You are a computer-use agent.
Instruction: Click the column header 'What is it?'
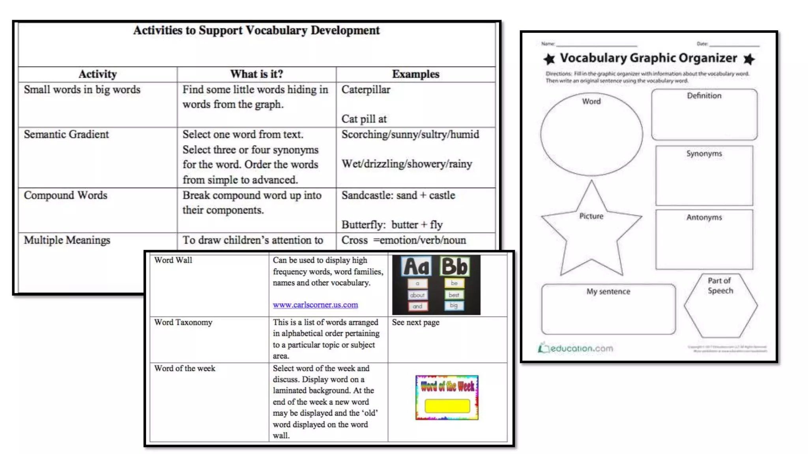point(256,74)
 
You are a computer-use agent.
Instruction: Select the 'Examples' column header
point(415,74)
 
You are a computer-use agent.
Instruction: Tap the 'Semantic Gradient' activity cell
point(66,134)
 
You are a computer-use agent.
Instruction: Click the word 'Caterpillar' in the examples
point(366,90)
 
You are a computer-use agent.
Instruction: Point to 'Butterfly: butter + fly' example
point(392,225)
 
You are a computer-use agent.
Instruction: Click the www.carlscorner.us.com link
point(315,305)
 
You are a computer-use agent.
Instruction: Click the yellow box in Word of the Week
point(447,406)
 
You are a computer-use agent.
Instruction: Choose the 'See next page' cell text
point(415,322)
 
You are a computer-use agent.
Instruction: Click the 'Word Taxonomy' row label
point(183,322)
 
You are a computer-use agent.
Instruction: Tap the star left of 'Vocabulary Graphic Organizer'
point(549,59)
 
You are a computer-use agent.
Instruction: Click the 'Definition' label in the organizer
point(704,96)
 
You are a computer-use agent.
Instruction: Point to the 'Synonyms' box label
point(704,154)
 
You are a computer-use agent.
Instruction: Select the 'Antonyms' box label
point(704,218)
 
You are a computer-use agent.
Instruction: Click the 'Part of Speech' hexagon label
point(720,286)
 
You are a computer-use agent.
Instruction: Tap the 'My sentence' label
point(608,292)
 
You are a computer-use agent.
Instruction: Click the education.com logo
point(576,348)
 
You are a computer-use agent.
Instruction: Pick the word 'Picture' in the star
point(591,216)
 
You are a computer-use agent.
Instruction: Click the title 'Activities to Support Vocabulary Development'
point(256,30)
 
